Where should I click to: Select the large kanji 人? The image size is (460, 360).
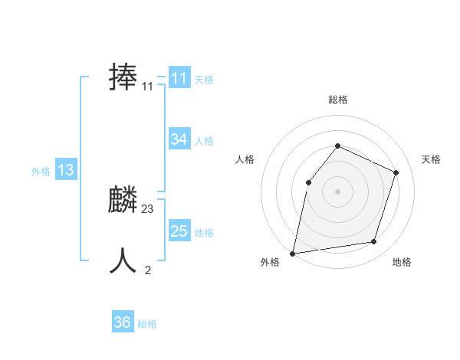[x=123, y=261]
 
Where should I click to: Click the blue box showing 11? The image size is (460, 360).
[x=179, y=78]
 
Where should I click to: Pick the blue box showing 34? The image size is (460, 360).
[x=179, y=139]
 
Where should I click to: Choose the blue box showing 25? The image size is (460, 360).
[x=179, y=231]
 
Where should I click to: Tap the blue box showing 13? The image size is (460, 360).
[x=65, y=170]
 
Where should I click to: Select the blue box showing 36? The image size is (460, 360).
[x=123, y=322]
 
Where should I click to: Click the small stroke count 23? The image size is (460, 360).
[x=148, y=209]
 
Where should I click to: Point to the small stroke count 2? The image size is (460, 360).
[x=148, y=270]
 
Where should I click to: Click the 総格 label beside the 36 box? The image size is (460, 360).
[x=147, y=324]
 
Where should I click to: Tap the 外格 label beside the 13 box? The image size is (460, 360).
[x=41, y=172]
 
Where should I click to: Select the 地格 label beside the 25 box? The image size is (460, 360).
[x=204, y=233]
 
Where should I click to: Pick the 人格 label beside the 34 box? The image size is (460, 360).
[x=204, y=141]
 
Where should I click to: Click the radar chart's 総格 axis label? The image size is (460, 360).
[x=337, y=100]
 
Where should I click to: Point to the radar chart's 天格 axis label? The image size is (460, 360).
[x=432, y=159]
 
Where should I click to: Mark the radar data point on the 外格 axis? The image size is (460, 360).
[x=293, y=253]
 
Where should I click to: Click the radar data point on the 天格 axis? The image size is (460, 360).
[x=396, y=172]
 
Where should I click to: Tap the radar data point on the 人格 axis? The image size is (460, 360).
[x=308, y=182]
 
